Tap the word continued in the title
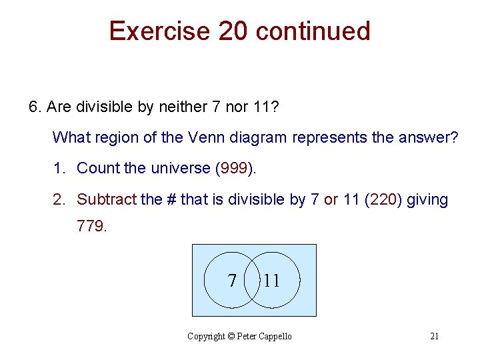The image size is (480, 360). [313, 31]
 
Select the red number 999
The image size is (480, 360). [234, 169]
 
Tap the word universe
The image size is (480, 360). [178, 169]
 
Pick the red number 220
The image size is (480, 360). [384, 199]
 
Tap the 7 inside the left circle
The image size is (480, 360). [232, 281]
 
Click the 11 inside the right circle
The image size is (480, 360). [271, 281]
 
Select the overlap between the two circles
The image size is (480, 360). [253, 280]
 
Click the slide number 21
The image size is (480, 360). [434, 336]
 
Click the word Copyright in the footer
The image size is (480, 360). [206, 336]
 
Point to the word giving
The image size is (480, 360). [427, 199]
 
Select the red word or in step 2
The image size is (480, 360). [331, 199]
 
